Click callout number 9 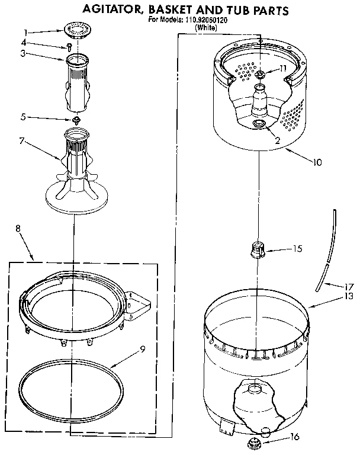point(142,350)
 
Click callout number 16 point(295,437)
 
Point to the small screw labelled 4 point(70,44)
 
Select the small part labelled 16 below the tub point(257,441)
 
